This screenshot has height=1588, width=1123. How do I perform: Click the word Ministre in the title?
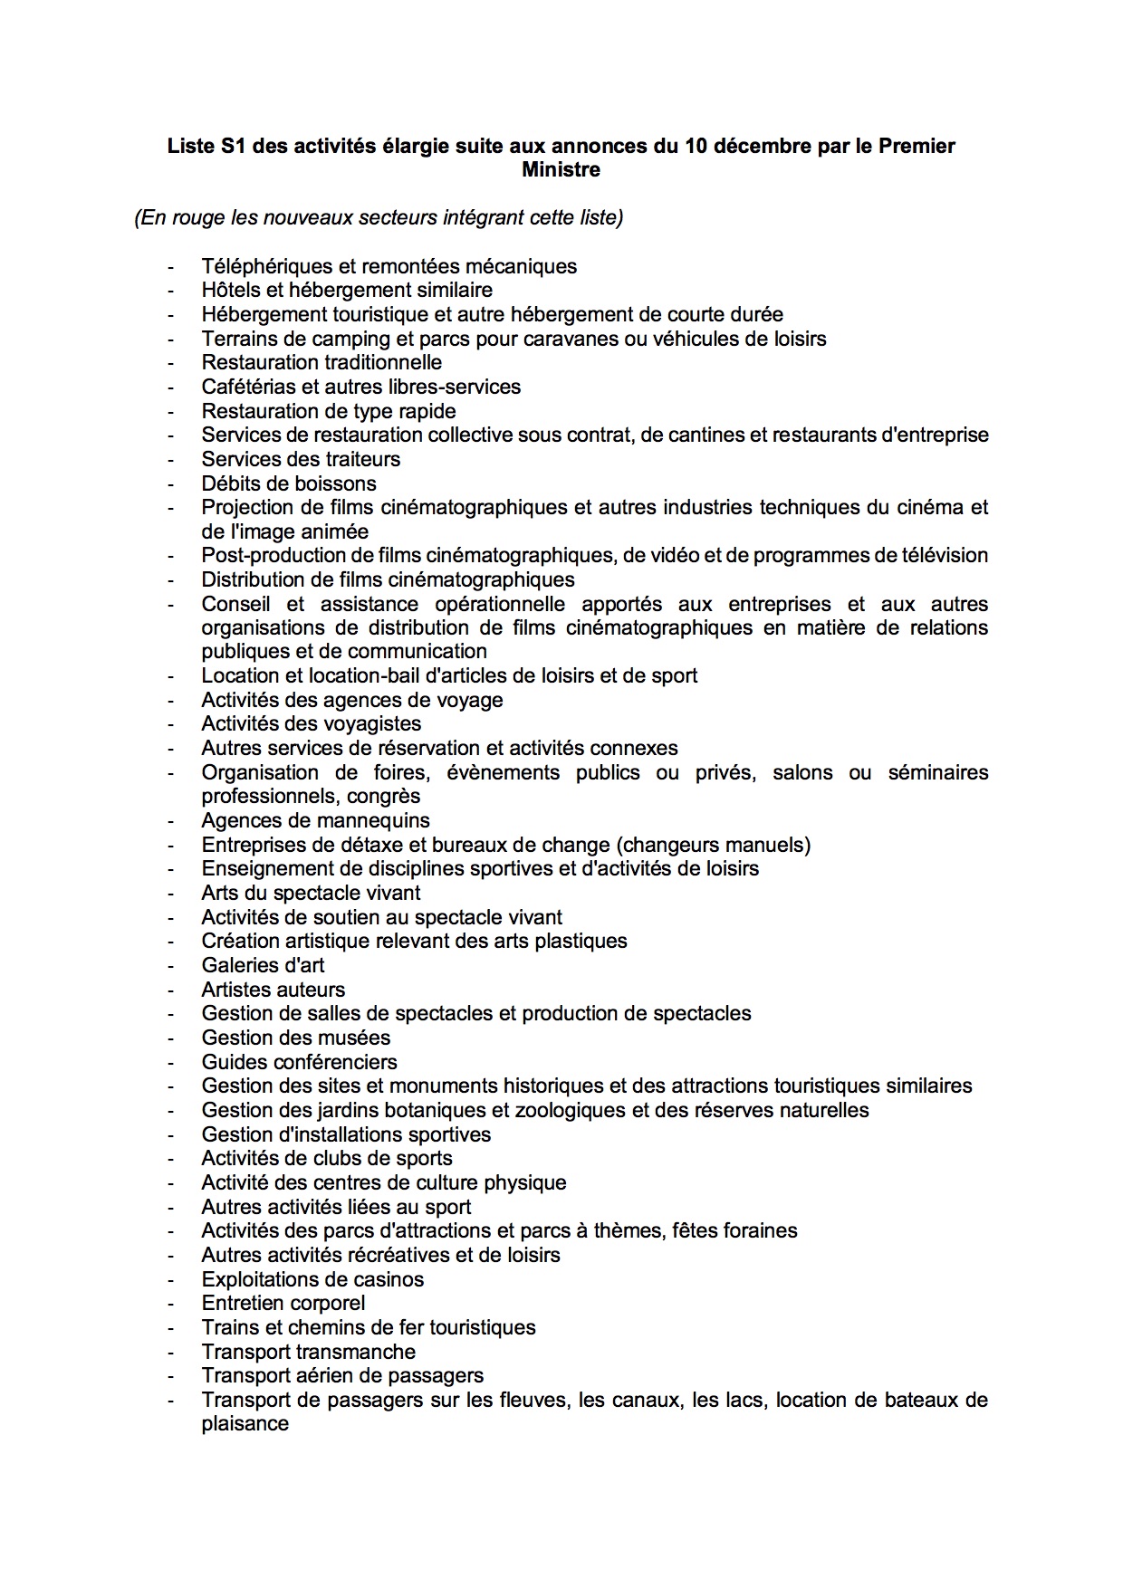tap(561, 169)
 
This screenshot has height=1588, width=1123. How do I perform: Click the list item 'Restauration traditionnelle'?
tap(322, 362)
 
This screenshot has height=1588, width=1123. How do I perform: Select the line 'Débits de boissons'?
tap(289, 483)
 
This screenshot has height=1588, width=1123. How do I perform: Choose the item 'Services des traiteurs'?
tap(301, 459)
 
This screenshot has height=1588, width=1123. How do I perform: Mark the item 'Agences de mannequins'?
tap(315, 820)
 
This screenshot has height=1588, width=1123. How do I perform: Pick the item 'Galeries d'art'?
tap(263, 965)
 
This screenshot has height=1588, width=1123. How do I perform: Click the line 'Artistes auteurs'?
tap(273, 990)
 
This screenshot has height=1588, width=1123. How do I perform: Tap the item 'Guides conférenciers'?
tap(299, 1062)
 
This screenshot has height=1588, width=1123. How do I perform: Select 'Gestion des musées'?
tap(295, 1038)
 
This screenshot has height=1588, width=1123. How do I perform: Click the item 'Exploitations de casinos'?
tap(312, 1279)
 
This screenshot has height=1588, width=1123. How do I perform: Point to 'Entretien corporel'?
tap(283, 1303)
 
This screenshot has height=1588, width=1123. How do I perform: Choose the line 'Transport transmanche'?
tap(308, 1352)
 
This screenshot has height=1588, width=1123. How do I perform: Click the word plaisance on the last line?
tap(245, 1423)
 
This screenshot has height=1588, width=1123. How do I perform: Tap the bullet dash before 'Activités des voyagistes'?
tap(169, 724)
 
